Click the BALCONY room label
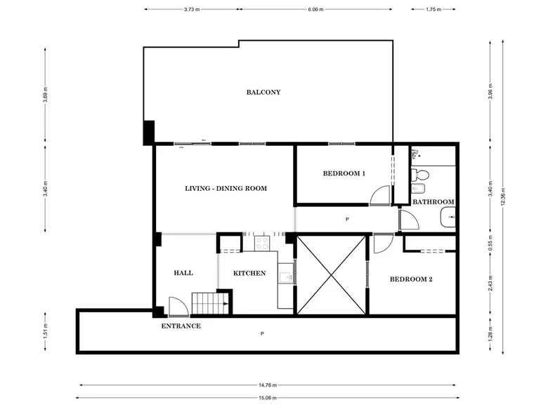[263, 92]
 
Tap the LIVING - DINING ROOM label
[226, 189]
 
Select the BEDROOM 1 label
[344, 173]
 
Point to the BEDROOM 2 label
[411, 279]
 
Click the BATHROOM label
[433, 202]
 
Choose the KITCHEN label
[249, 273]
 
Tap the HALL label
[183, 273]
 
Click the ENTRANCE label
[181, 326]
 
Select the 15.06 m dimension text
[268, 398]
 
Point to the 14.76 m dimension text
[268, 385]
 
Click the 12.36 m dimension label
[503, 197]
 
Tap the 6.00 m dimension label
[315, 9]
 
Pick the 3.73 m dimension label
[192, 9]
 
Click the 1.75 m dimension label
[433, 9]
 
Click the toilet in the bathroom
[419, 174]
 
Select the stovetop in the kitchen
[262, 243]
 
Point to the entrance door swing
[179, 307]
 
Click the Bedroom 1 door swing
[380, 195]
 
